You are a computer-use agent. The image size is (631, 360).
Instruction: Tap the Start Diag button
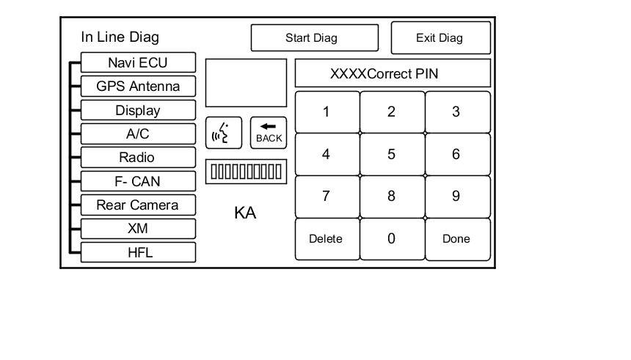[314, 38]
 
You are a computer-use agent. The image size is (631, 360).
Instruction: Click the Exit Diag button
[439, 38]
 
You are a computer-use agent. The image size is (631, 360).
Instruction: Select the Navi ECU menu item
[138, 62]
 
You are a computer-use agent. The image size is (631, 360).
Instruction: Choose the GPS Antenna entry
[138, 87]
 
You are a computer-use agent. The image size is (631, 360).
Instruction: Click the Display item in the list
[138, 111]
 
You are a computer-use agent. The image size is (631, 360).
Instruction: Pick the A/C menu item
[138, 134]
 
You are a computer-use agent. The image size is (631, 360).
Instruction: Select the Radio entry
[138, 158]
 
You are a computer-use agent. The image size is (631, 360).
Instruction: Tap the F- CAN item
[138, 182]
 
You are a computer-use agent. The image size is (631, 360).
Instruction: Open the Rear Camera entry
[138, 205]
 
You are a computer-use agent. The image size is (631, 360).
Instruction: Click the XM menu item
[138, 229]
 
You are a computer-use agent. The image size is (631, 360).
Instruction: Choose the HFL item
[138, 253]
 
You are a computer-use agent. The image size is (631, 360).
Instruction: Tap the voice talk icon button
[223, 133]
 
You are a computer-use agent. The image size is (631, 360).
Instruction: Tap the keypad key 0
[391, 239]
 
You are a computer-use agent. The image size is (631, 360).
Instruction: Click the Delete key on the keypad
[326, 239]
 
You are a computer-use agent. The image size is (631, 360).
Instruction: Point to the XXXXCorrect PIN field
[393, 74]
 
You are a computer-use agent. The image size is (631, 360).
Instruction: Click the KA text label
[245, 213]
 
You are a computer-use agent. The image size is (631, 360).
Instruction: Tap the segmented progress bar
[246, 172]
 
